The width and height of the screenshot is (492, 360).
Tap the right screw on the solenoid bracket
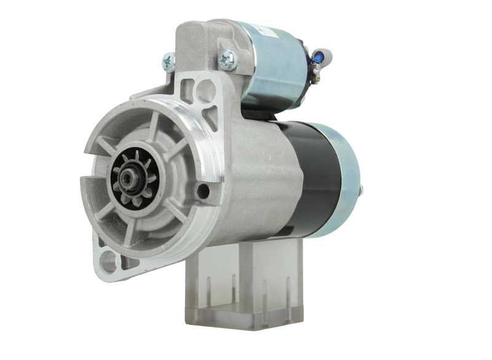click(228, 58)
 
